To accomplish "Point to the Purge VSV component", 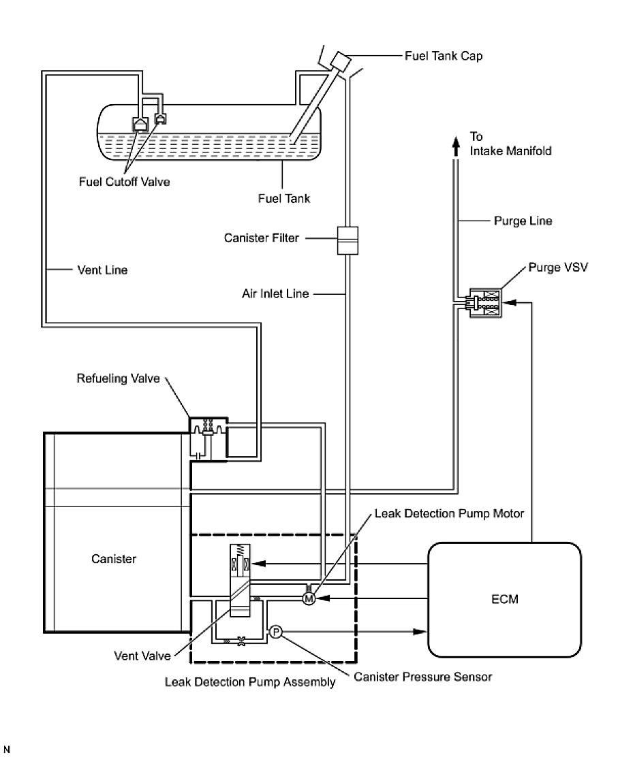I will (483, 304).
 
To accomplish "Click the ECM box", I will (504, 599).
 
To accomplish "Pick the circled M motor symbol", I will (308, 598).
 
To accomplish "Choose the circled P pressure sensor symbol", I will (276, 632).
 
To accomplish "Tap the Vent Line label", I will (102, 270).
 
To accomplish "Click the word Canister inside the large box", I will (114, 560).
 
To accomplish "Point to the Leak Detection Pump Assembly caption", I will (250, 682).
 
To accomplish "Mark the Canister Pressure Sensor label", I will (422, 677).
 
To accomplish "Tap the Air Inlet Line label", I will (275, 294).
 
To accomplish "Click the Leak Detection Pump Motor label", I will (449, 513).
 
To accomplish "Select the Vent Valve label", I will (141, 658).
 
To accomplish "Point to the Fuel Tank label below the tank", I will (284, 199).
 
